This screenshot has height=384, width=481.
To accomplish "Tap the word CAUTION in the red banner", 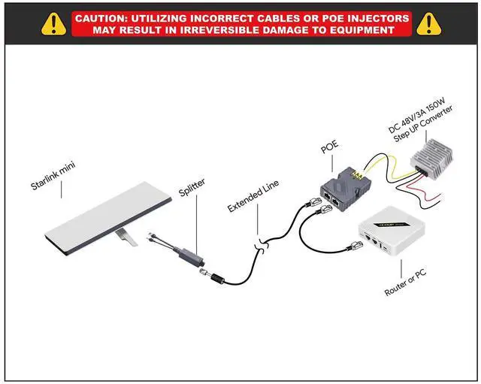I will click(105, 17).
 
